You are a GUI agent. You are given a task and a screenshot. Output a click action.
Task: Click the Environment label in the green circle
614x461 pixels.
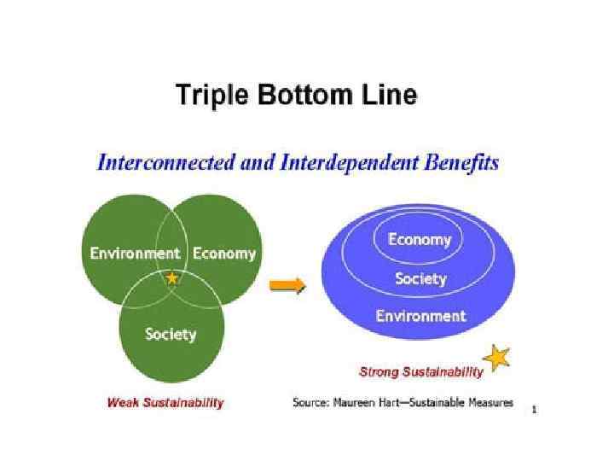click(136, 254)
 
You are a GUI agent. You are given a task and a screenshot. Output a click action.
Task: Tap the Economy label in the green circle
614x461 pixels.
click(223, 254)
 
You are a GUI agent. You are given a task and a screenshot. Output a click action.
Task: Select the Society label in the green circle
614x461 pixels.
click(171, 334)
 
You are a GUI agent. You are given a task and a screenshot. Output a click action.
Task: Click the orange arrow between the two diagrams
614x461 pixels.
click(287, 286)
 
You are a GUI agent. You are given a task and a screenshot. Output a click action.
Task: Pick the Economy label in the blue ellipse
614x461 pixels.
click(420, 240)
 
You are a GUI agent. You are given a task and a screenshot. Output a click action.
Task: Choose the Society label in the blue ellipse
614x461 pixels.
click(420, 279)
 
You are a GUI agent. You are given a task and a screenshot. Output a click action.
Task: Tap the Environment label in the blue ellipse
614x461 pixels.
click(420, 316)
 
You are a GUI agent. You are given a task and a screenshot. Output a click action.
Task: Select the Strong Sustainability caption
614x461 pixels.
click(420, 372)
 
